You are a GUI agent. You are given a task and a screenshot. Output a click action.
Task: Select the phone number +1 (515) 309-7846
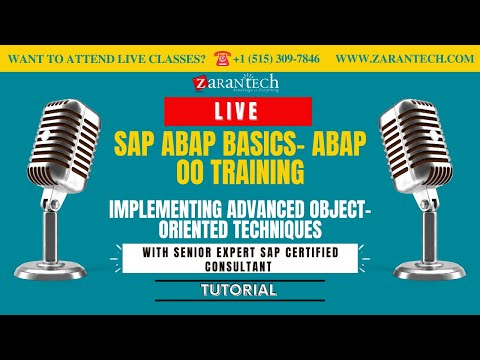point(278,59)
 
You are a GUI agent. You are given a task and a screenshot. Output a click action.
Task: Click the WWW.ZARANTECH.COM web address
point(404,59)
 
